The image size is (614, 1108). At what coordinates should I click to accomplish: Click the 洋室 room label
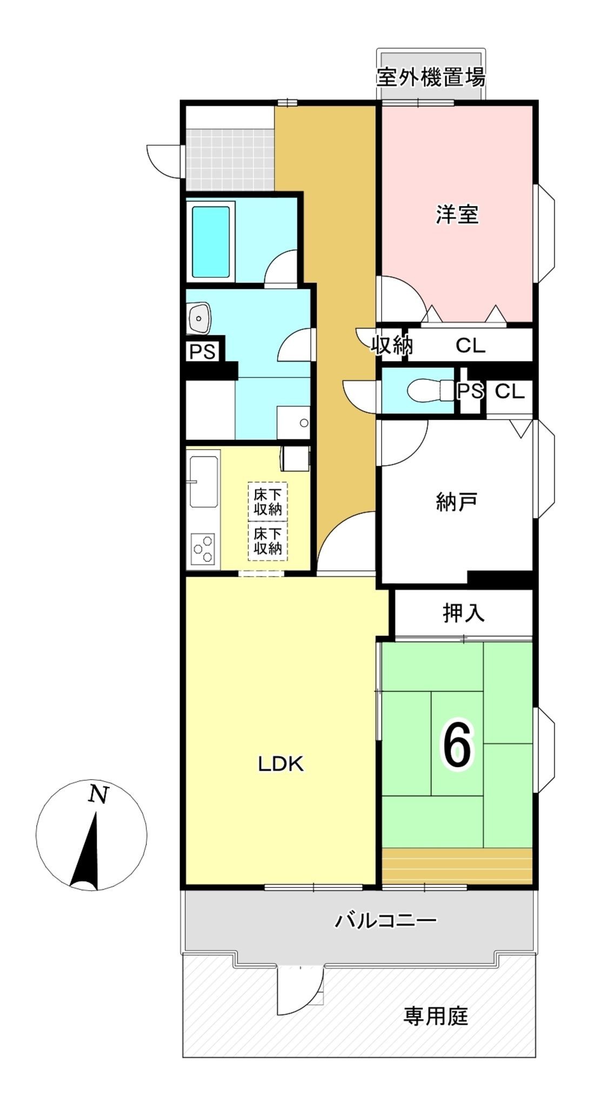coord(457,215)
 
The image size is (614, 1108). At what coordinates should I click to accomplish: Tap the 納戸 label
coord(457,502)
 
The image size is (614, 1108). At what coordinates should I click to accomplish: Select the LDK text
coord(281,764)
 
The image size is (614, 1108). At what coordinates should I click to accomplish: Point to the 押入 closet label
coord(464,613)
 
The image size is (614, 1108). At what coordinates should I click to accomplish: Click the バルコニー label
coord(385,920)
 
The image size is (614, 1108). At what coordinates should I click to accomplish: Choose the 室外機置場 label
coord(431,77)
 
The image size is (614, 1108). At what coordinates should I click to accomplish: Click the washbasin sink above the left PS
coord(199,318)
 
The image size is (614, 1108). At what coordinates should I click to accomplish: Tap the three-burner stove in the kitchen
coord(203,549)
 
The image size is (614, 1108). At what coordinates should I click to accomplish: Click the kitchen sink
coord(203,481)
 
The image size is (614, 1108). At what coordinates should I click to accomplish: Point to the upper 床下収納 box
coord(268,502)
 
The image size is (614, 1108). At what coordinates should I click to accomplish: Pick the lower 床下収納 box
coord(268,541)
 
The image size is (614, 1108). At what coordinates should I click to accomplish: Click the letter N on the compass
coord(98,795)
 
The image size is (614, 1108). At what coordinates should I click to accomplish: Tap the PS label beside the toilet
coord(470,391)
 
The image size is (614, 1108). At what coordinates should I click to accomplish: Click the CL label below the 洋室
coord(470,345)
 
